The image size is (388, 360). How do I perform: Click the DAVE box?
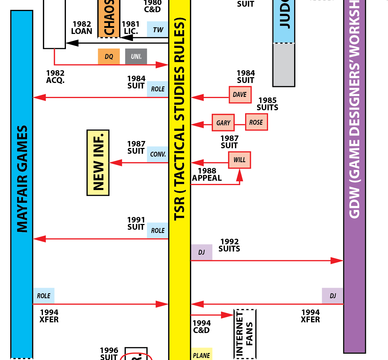[240, 95]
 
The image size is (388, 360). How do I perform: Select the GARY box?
[223, 123]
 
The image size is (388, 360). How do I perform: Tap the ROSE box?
[256, 122]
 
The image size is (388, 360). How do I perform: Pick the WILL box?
[239, 160]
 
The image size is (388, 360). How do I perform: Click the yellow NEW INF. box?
[98, 163]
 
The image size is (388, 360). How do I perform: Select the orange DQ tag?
[109, 56]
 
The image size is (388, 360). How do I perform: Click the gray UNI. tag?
[136, 56]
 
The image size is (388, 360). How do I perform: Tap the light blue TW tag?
[158, 29]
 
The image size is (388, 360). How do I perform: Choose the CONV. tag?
[158, 154]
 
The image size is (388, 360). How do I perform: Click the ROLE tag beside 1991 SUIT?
[158, 230]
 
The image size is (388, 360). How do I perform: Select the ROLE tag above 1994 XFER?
[44, 296]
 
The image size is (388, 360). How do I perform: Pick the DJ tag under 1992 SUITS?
[202, 252]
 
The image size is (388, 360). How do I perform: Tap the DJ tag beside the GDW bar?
[333, 296]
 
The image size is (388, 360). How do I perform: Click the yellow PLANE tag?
[202, 354]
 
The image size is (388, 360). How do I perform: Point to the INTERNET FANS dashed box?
[245, 334]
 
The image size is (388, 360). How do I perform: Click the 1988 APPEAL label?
[207, 174]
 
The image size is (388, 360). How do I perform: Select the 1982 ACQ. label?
[55, 77]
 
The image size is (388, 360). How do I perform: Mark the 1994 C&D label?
[202, 327]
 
